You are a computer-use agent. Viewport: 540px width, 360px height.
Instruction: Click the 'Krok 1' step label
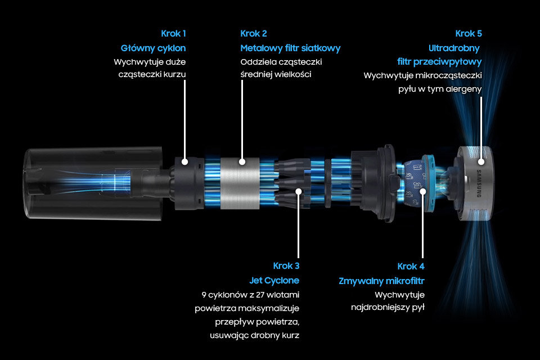173,33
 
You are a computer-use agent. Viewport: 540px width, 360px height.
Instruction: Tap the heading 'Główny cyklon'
153,48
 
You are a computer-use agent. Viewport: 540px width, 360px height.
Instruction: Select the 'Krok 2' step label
254,33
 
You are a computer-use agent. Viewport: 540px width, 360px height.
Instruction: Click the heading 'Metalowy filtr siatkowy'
290,48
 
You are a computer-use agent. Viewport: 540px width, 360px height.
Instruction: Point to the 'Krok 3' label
286,266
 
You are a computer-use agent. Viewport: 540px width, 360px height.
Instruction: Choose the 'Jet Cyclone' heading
274,281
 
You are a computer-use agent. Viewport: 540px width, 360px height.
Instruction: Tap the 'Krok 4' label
411,266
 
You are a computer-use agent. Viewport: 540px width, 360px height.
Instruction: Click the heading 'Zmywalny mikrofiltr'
381,281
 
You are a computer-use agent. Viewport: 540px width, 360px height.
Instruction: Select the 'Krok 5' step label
469,33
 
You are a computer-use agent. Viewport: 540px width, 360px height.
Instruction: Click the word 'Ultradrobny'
454,48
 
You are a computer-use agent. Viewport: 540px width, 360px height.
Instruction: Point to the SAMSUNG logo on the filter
479,183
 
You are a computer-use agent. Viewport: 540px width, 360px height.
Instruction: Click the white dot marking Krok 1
185,161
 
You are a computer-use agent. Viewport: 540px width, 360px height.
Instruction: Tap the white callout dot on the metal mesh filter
242,161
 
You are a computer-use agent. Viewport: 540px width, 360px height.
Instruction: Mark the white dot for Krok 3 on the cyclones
299,191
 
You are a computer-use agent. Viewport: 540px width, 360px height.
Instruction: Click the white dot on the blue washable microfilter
422,191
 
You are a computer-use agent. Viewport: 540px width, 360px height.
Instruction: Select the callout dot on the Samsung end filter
481,161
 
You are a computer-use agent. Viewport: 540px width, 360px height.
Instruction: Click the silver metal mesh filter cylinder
240,183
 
